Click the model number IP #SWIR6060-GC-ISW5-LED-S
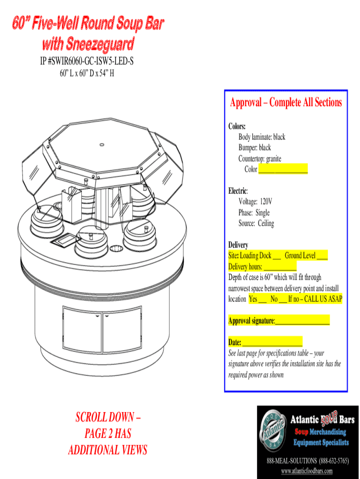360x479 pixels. pyautogui.click(x=86, y=61)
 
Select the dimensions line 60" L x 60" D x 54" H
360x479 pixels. pyautogui.click(x=86, y=73)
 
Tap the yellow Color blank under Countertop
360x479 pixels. pyautogui.click(x=283, y=168)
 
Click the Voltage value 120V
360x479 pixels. pyautogui.click(x=266, y=202)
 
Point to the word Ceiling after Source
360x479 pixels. pyautogui.click(x=266, y=223)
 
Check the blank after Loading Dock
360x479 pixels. pyautogui.click(x=277, y=257)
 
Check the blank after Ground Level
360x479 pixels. pyautogui.click(x=322, y=257)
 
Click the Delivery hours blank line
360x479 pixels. pyautogui.click(x=280, y=267)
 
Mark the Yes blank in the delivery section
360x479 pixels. pyautogui.click(x=263, y=300)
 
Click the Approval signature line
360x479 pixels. pyautogui.click(x=302, y=321)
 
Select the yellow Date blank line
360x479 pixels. pyautogui.click(x=273, y=342)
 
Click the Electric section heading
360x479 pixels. pyautogui.click(x=238, y=191)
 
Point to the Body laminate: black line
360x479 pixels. pyautogui.click(x=262, y=137)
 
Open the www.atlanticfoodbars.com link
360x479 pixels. pyautogui.click(x=307, y=471)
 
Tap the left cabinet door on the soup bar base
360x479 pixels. pyautogui.click(x=82, y=329)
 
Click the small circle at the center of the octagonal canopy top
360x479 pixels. pyautogui.click(x=102, y=145)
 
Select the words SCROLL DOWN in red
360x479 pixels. pyautogui.click(x=105, y=417)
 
